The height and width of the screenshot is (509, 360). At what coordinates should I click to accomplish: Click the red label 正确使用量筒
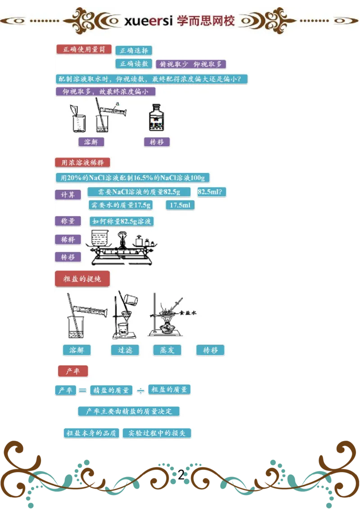pos(84,50)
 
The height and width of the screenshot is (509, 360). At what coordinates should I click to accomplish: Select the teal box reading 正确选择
pos(134,51)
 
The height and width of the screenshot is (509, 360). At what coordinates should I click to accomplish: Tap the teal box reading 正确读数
pos(134,64)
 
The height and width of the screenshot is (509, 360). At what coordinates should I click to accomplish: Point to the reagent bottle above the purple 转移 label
pos(157,118)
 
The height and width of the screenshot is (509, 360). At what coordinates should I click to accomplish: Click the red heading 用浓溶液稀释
pos(82,163)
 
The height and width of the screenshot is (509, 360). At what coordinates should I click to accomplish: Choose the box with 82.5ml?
pos(211,192)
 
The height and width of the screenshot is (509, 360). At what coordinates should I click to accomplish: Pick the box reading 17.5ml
pos(180,205)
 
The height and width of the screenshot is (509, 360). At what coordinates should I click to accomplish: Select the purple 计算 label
pos(68,195)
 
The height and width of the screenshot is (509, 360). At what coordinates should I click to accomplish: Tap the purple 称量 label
pos(68,221)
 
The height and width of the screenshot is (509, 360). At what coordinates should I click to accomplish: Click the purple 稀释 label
pos(68,239)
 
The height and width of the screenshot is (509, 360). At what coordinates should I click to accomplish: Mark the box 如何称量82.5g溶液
pos(121,221)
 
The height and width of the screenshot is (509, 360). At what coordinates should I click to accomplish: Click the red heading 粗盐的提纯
pos(82,279)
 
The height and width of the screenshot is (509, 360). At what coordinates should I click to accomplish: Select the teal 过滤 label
pos(125,350)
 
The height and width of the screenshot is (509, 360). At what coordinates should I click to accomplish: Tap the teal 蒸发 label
pos(167,350)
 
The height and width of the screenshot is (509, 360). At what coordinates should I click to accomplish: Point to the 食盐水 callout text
pos(189,313)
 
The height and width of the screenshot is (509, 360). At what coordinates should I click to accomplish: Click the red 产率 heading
pos(73,371)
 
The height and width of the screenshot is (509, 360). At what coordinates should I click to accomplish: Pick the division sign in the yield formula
pos(140,391)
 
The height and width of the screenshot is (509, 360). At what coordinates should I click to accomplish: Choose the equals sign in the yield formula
pos(82,391)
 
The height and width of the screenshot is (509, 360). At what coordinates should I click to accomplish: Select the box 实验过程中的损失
pos(157,433)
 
